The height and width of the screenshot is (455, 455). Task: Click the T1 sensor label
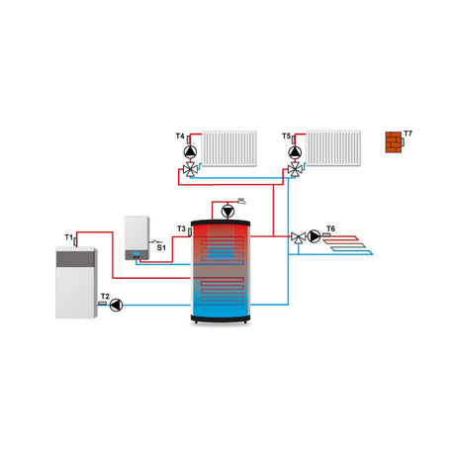click(68, 238)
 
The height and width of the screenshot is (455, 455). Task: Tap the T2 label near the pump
click(104, 295)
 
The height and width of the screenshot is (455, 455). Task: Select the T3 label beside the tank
click(181, 228)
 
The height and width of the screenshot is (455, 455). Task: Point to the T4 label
click(180, 136)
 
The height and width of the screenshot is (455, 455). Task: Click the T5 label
click(286, 136)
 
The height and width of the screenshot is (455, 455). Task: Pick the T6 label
click(330, 228)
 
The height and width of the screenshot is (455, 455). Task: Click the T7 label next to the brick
click(408, 134)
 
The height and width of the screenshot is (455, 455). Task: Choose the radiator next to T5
click(333, 148)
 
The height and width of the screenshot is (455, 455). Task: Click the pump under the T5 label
click(295, 152)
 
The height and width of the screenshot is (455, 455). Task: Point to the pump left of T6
click(315, 236)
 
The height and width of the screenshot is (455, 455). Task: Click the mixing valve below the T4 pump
click(189, 170)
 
